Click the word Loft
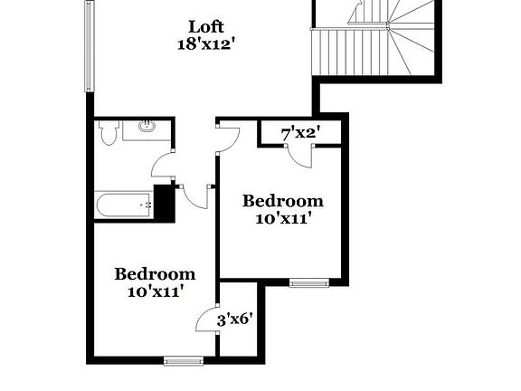[x=206, y=25]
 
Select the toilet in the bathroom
[x=109, y=134]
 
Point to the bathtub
[x=123, y=205]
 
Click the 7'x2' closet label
[x=299, y=134]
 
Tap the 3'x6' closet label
[x=234, y=319]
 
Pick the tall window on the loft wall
[x=89, y=45]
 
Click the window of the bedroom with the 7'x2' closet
[x=309, y=283]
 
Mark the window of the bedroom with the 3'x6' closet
[x=184, y=361]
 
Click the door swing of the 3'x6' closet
[x=207, y=319]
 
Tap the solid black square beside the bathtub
[x=164, y=200]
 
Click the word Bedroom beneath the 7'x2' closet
[x=282, y=201]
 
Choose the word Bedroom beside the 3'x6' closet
[x=155, y=274]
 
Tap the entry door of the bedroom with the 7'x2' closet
[x=227, y=137]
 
